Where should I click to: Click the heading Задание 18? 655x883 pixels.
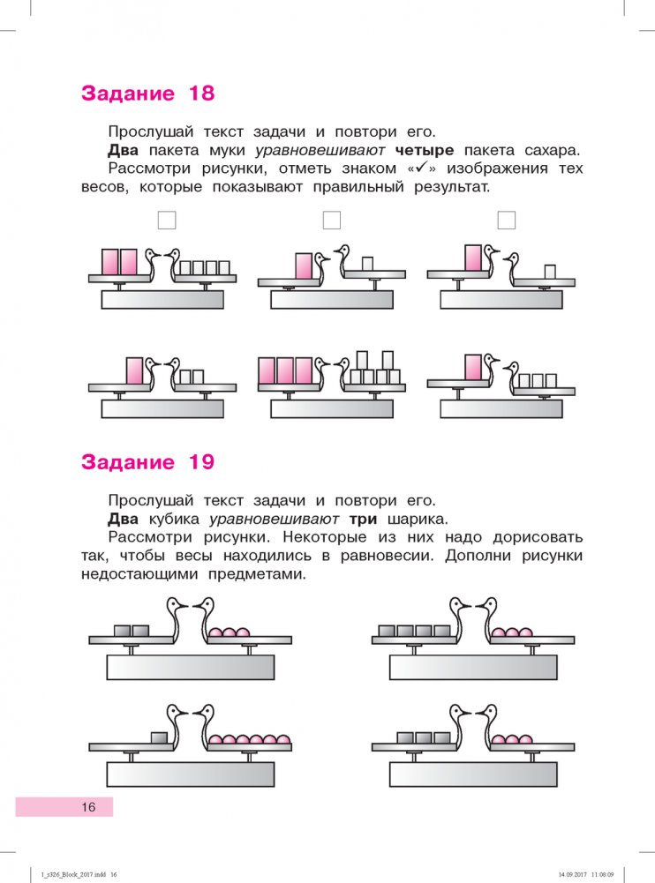[147, 94]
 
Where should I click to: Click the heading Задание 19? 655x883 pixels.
[147, 461]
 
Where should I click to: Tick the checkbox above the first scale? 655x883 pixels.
[165, 221]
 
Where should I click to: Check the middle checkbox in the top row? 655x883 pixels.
[332, 221]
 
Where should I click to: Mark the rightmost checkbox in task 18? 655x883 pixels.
[507, 221]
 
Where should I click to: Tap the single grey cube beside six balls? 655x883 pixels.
[160, 737]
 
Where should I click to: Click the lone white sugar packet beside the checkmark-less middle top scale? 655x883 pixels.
[367, 262]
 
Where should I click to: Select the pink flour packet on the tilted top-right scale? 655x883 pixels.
[473, 258]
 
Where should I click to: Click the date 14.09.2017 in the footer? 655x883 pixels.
[576, 875]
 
